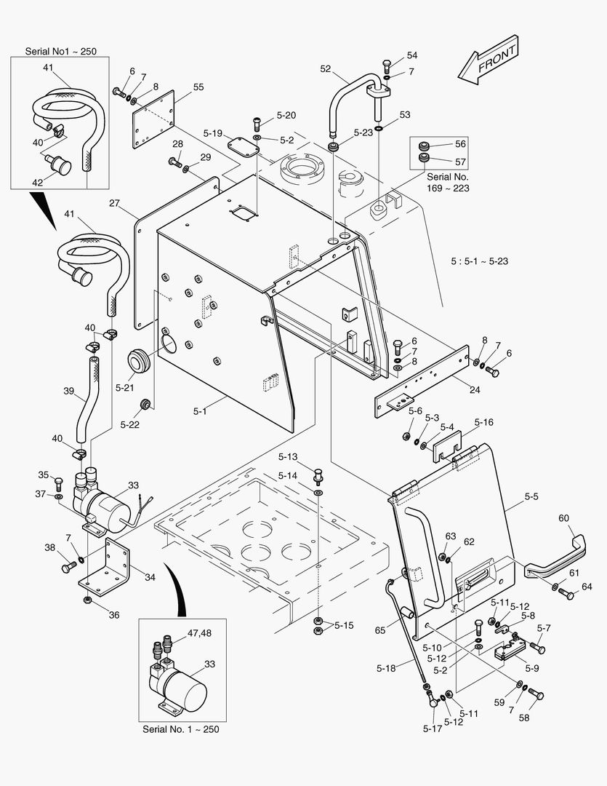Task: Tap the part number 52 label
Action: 326,69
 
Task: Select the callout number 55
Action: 198,87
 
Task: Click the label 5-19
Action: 212,133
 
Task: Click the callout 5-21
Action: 124,387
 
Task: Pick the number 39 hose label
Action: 69,391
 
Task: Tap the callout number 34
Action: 150,577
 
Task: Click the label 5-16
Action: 483,421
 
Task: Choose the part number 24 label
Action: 474,389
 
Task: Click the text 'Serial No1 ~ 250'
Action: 61,52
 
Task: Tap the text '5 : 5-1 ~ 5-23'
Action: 479,261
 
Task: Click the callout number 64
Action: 586,587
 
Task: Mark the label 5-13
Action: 288,457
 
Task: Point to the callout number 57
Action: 460,162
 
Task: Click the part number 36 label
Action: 113,614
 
